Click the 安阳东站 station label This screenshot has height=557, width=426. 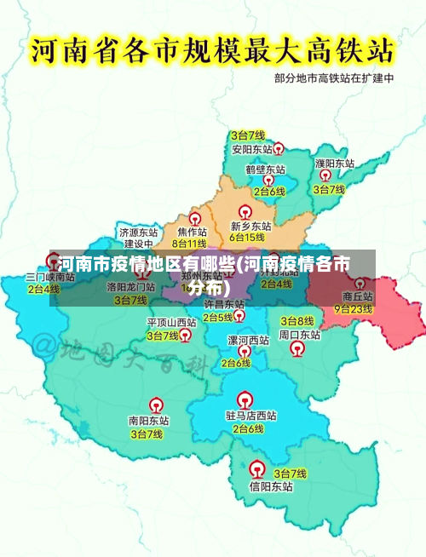click(248, 149)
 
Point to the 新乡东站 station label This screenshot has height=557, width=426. click(250, 227)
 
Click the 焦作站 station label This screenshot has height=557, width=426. click(192, 232)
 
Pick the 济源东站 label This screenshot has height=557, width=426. click(138, 232)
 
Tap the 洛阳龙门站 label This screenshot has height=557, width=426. click(131, 288)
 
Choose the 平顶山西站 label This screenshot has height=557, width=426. click(171, 323)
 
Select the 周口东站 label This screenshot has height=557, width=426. click(300, 336)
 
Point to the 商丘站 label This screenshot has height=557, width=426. click(353, 296)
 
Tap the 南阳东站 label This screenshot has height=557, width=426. click(148, 421)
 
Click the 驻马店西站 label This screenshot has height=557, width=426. click(250, 416)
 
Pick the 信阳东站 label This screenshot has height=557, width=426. click(271, 487)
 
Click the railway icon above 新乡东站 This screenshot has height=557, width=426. click(245, 211)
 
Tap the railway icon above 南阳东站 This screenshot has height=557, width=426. click(157, 405)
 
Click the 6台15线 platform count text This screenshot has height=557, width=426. click(248, 238)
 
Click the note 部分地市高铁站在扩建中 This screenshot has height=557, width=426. click(334, 78)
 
